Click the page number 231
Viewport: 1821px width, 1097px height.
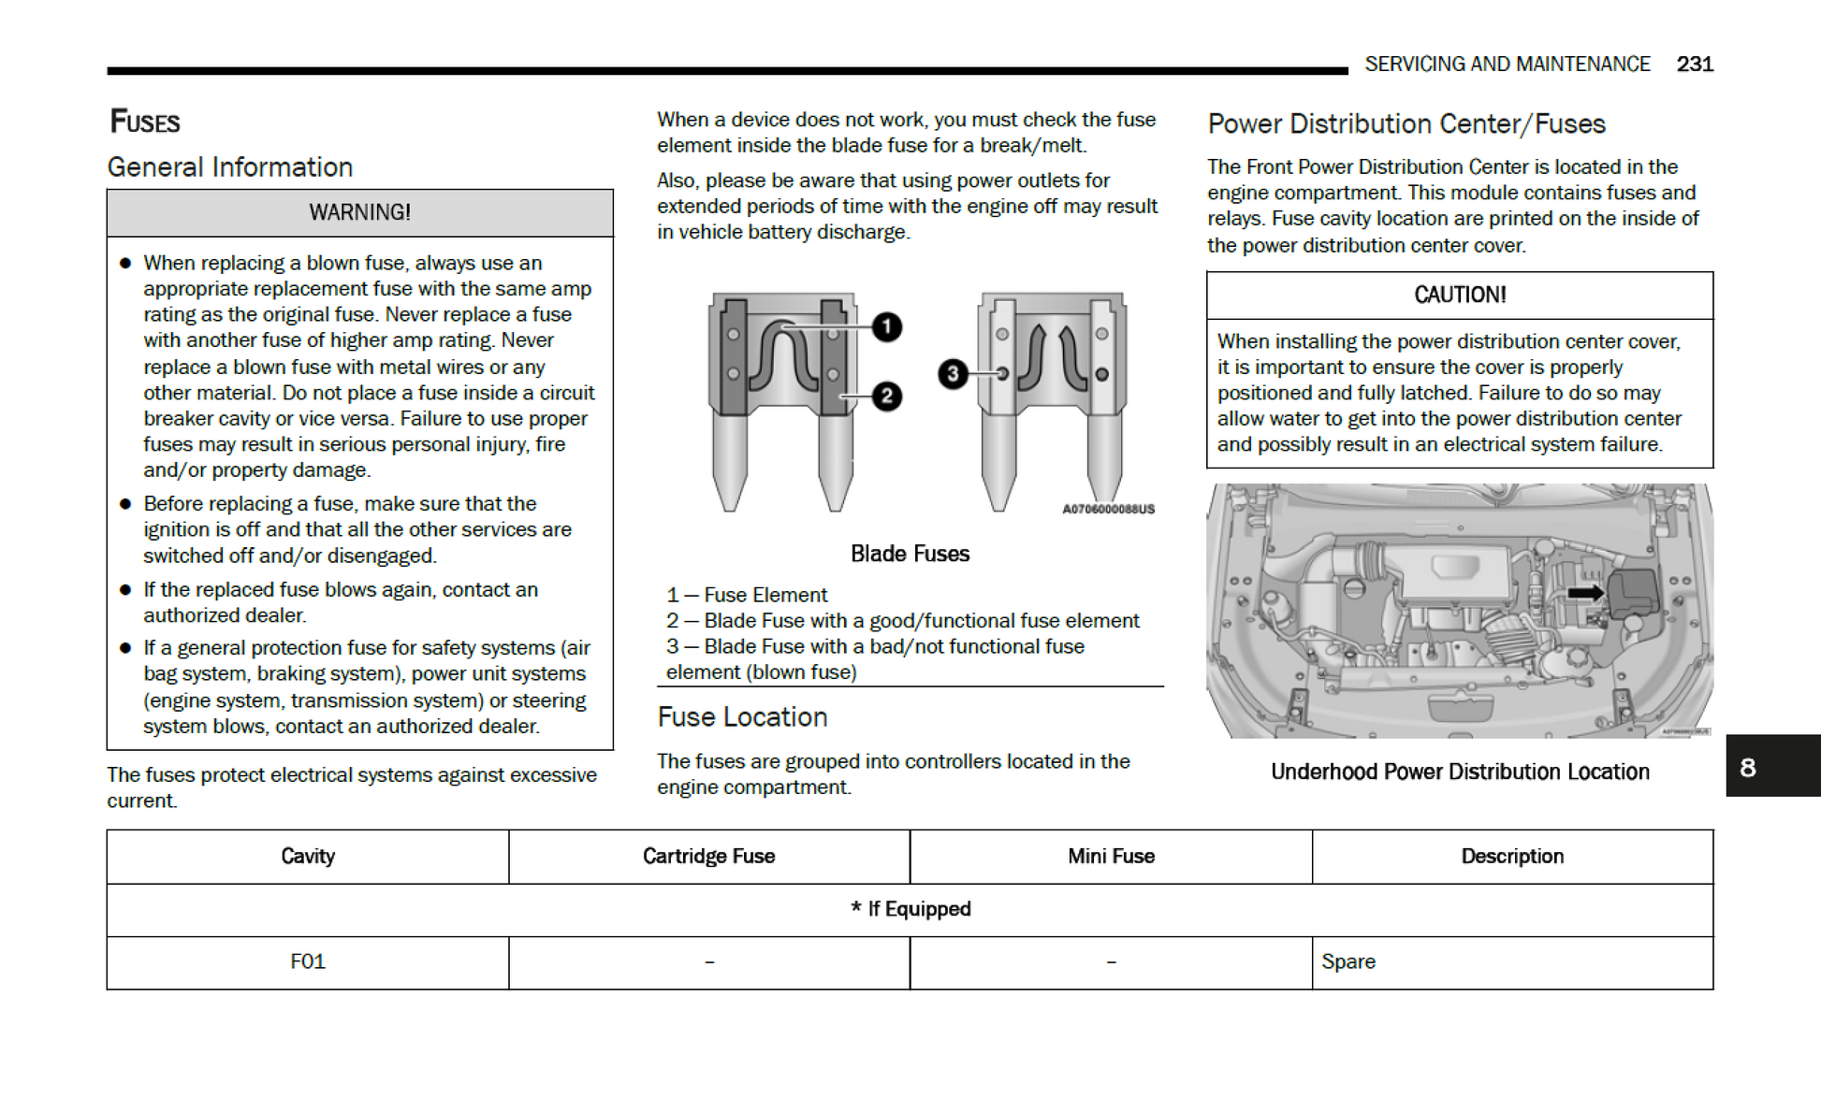point(1694,65)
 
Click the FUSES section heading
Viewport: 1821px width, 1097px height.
point(145,122)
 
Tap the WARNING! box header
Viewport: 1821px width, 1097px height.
point(359,212)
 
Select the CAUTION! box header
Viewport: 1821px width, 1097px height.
point(1459,296)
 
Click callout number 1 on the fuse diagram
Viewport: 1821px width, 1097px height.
point(886,327)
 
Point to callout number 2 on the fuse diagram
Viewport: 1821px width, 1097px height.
point(886,397)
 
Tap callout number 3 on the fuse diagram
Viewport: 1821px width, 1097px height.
point(953,374)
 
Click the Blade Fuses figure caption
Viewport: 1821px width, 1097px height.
point(910,554)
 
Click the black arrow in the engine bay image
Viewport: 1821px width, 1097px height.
point(1585,593)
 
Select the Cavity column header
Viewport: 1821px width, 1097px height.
point(308,856)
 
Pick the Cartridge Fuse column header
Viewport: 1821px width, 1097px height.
point(708,856)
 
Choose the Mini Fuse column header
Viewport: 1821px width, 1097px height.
point(1111,856)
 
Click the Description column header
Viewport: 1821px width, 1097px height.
point(1512,856)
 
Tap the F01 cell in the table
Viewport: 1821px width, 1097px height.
point(308,961)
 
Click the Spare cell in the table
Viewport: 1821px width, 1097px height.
point(1348,961)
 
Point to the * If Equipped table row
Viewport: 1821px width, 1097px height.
point(910,909)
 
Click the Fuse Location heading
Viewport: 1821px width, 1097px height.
point(742,717)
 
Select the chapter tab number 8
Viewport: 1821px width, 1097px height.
point(1747,768)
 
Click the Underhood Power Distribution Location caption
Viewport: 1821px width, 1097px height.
point(1459,772)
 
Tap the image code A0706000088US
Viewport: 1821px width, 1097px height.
point(1108,510)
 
